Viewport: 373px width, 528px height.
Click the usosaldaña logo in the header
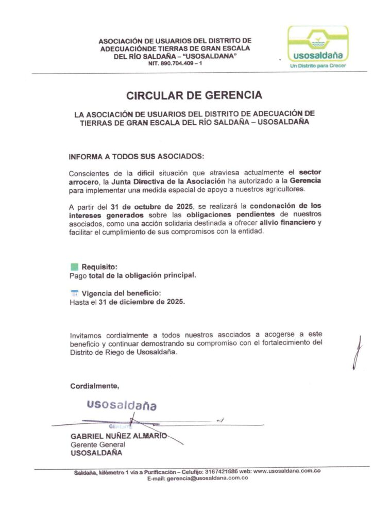(x=318, y=44)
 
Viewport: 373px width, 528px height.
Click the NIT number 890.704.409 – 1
(x=175, y=63)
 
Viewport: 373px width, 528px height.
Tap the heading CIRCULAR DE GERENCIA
(x=194, y=95)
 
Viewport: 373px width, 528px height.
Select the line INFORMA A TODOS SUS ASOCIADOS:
(x=137, y=156)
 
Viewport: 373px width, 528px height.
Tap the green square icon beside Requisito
(x=74, y=267)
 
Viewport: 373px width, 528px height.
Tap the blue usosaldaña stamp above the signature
(x=122, y=405)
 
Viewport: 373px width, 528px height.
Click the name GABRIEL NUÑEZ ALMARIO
(x=118, y=436)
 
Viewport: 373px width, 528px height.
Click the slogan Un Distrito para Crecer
(x=318, y=66)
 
